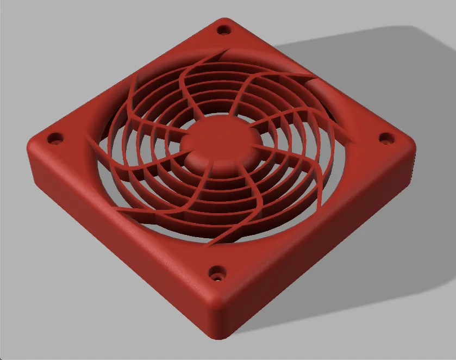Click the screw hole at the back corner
click(222, 30)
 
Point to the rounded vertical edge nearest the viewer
click(221, 321)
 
